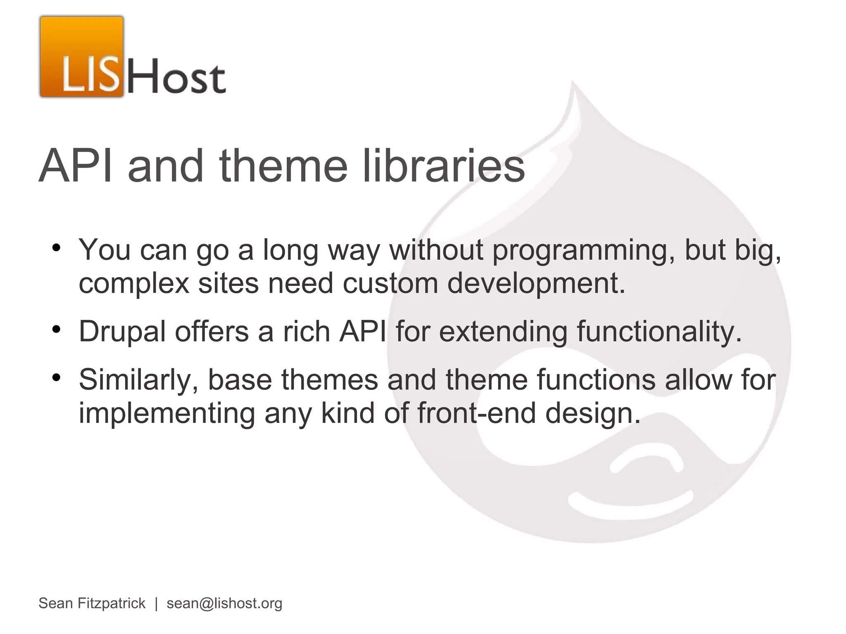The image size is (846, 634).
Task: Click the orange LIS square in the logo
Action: [82, 57]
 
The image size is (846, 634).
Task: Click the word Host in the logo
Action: [177, 76]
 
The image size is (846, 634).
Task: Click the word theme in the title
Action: [284, 166]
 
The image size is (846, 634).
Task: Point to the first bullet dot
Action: [57, 248]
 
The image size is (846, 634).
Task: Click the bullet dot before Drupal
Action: [57, 330]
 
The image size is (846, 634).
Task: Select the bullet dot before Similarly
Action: [57, 378]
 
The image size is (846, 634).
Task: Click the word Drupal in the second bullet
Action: [122, 332]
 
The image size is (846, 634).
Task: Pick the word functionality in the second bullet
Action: [659, 332]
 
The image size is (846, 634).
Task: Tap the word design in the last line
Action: [592, 413]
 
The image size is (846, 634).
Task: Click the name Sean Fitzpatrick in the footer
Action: [92, 603]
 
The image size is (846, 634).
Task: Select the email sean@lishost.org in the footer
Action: [224, 603]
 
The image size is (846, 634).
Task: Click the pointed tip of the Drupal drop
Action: [573, 85]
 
